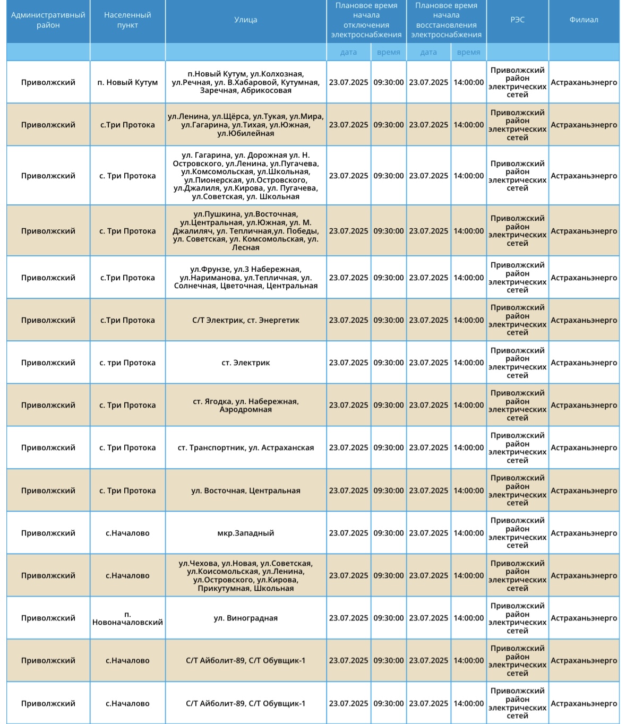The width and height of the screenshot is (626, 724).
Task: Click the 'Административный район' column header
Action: [x=48, y=20]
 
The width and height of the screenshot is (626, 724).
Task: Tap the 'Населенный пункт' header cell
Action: [x=127, y=20]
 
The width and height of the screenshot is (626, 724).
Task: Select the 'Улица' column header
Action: [x=246, y=20]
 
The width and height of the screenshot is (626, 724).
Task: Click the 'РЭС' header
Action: [x=517, y=20]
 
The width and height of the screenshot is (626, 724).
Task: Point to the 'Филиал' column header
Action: [x=584, y=20]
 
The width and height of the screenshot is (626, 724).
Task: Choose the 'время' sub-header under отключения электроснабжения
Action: [x=389, y=52]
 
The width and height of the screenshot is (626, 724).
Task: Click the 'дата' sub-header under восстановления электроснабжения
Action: [x=428, y=52]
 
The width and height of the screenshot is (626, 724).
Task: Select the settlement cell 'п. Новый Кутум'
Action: [x=127, y=82]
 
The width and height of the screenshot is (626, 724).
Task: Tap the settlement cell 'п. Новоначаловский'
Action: [x=127, y=618]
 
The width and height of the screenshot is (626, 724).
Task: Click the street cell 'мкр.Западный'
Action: [x=246, y=533]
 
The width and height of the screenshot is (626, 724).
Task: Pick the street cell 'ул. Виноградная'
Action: [x=246, y=618]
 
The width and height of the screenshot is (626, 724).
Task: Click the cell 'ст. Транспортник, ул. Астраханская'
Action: [x=246, y=447]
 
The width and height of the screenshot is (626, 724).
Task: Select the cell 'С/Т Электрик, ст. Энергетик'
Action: [x=246, y=320]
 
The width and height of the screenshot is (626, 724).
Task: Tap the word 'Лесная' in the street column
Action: [x=246, y=247]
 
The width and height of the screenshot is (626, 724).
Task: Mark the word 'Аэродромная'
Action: [x=246, y=410]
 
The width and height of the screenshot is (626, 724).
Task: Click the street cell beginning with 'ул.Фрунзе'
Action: [x=246, y=278]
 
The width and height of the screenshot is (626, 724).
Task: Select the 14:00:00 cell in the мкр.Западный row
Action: [x=468, y=533]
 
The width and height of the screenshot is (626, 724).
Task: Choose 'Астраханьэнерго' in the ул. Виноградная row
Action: [x=584, y=618]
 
